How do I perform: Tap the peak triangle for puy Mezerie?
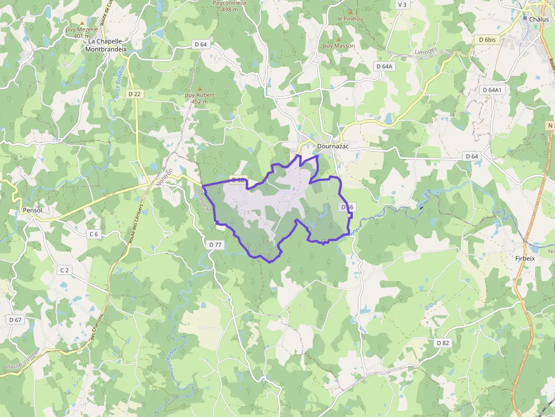tap(82, 23)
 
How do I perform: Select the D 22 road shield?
tap(134, 93)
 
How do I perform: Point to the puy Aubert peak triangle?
tap(199, 89)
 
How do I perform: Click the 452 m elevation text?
tap(200, 102)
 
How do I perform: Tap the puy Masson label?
tap(339, 45)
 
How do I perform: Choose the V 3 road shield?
tap(403, 5)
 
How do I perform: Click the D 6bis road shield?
tap(487, 40)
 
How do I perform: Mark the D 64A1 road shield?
tap(492, 90)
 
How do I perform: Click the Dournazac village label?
tap(334, 146)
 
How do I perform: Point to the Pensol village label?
tap(32, 210)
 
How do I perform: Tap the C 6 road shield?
tap(93, 234)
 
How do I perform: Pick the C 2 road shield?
tap(64, 270)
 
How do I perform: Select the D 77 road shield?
tap(215, 244)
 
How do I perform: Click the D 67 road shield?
tap(15, 320)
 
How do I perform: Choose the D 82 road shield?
tap(443, 343)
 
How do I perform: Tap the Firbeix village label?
tap(525, 258)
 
